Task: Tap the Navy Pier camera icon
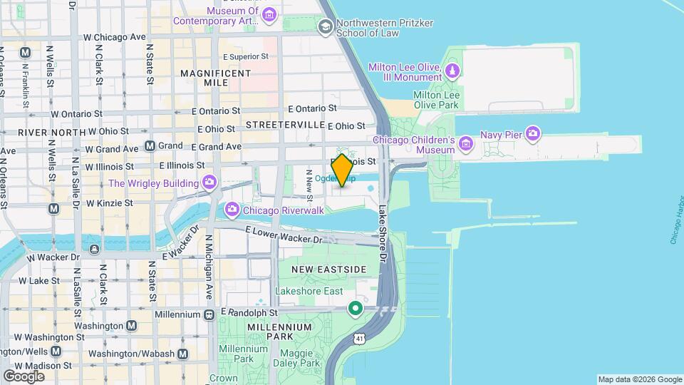click(x=534, y=133)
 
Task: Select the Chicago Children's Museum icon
click(x=466, y=145)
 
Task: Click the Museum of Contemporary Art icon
click(x=269, y=16)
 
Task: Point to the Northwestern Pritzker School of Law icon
click(x=326, y=27)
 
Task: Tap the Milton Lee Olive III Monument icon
click(x=452, y=72)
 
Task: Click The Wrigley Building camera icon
click(x=209, y=183)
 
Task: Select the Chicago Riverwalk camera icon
click(x=232, y=210)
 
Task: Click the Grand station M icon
click(x=150, y=146)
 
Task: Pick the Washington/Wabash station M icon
click(x=183, y=354)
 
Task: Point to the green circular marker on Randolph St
click(x=355, y=309)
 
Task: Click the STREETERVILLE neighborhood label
click(x=285, y=125)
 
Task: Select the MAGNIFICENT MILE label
click(x=215, y=78)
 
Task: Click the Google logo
click(x=24, y=376)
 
